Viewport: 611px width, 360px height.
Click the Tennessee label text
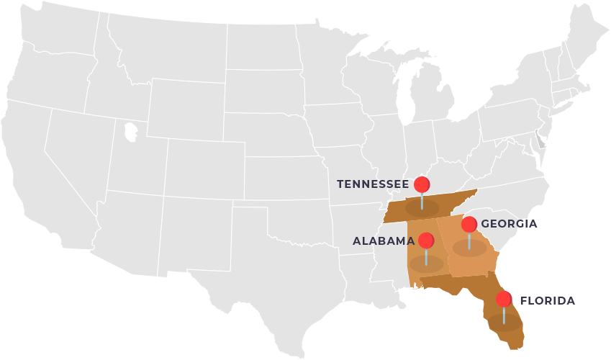[x=372, y=184]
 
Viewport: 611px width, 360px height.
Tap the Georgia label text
[x=509, y=224]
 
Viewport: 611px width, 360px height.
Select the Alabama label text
[x=383, y=241]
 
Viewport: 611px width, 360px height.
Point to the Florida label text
[x=548, y=301]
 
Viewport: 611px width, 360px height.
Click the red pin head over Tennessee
[x=422, y=184]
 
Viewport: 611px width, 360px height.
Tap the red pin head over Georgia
[x=469, y=224]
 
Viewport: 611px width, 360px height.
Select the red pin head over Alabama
[x=426, y=240]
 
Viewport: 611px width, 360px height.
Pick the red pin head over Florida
[x=504, y=299]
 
